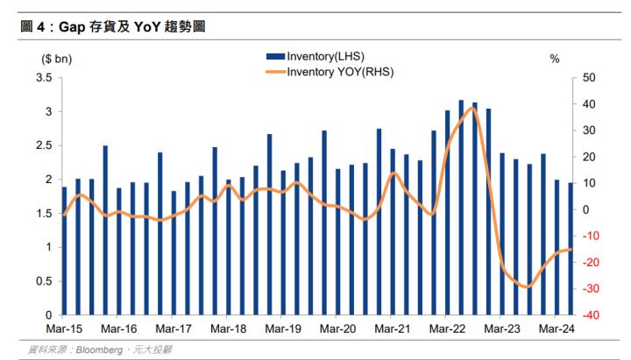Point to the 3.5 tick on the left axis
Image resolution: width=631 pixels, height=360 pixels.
(44, 78)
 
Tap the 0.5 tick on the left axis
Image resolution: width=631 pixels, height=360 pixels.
(44, 280)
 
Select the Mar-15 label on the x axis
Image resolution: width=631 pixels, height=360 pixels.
(64, 329)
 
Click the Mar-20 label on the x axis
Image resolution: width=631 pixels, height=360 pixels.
(338, 329)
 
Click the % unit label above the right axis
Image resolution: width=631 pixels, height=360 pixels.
(554, 59)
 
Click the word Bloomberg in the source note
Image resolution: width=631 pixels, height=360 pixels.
(98, 349)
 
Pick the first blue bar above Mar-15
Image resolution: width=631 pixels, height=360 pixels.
(64, 251)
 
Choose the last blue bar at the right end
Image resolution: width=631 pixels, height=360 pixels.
(571, 248)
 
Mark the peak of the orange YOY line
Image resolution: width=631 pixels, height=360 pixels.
(473, 107)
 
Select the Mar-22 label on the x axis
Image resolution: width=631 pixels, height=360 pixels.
(448, 329)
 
